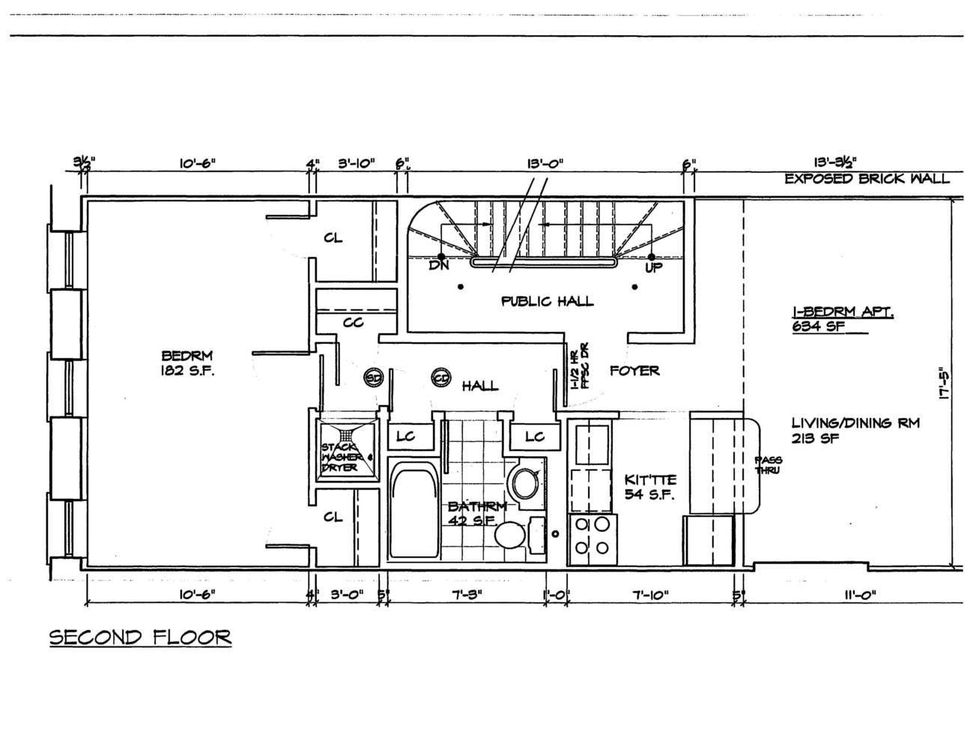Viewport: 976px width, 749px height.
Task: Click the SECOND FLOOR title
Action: tap(140, 637)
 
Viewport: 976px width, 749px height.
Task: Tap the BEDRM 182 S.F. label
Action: tap(187, 363)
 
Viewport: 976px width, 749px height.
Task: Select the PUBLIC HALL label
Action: tap(547, 301)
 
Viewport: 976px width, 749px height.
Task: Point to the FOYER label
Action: tap(634, 370)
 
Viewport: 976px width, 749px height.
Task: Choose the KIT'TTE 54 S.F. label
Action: tap(650, 487)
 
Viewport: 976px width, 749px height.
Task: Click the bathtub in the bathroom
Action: tap(413, 512)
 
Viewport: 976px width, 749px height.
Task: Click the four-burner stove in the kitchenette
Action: tap(591, 539)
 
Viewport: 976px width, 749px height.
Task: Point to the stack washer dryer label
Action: tap(347, 457)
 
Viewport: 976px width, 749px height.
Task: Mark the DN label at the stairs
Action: tap(438, 267)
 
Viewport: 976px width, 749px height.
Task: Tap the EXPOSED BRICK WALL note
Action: tap(867, 178)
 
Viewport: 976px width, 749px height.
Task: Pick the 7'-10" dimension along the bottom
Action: tap(649, 595)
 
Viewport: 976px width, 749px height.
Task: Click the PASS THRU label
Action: tap(766, 465)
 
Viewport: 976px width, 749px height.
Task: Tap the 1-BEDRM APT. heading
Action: tap(842, 313)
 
